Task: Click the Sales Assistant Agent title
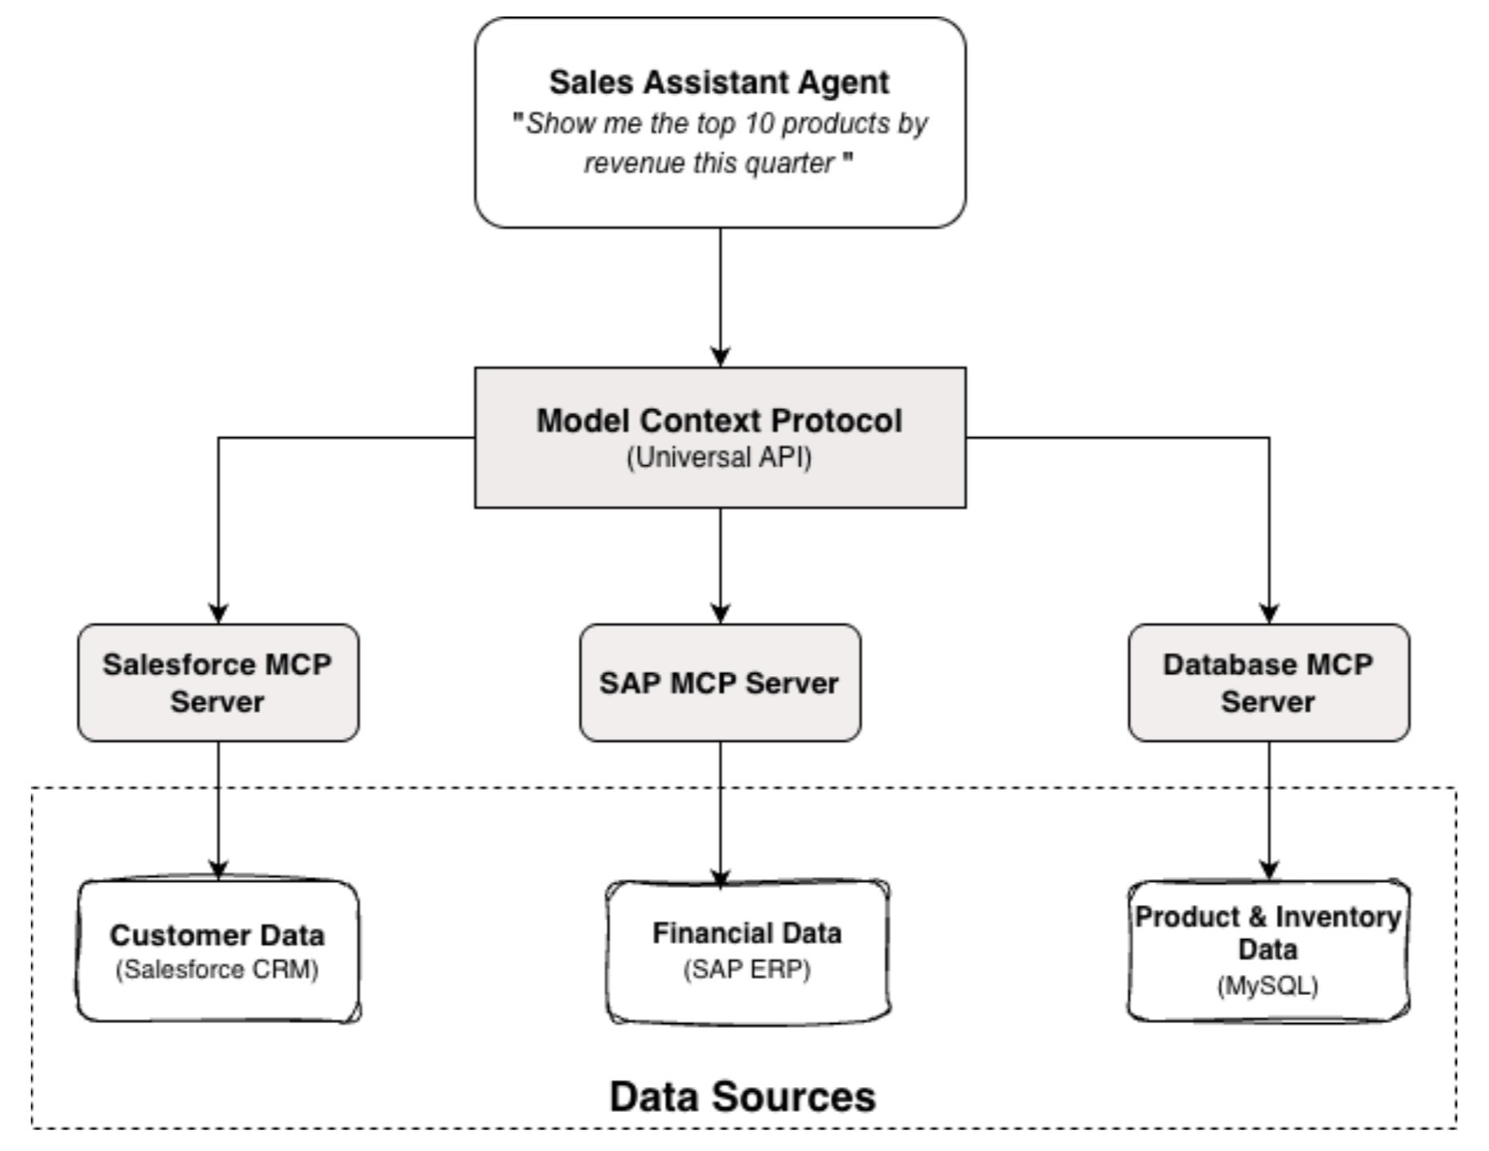(x=718, y=82)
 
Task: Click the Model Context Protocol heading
(x=718, y=421)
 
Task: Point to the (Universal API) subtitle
(x=718, y=458)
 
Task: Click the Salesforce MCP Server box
(x=218, y=683)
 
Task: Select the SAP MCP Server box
(x=719, y=683)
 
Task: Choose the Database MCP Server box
(x=1267, y=683)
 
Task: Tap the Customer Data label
(x=217, y=935)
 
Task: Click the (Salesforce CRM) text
(x=217, y=970)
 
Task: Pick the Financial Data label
(x=746, y=933)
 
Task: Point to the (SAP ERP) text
(x=746, y=970)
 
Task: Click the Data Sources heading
(x=742, y=1096)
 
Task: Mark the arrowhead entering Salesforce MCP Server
(x=218, y=613)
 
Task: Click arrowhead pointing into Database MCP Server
(x=1268, y=613)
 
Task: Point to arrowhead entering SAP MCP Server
(x=720, y=613)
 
